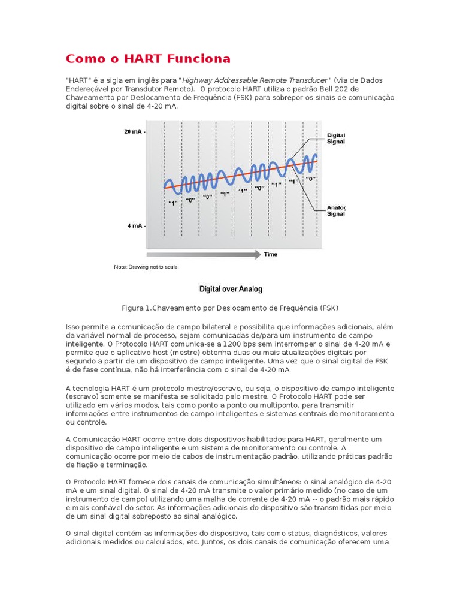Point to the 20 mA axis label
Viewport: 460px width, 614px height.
point(134,131)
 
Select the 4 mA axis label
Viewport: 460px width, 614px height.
point(135,226)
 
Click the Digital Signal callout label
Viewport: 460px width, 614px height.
point(335,139)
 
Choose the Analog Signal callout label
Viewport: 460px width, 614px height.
point(335,211)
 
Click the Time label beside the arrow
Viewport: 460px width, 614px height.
point(271,255)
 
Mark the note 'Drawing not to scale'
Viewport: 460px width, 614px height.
point(146,267)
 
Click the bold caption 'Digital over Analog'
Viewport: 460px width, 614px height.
point(231,290)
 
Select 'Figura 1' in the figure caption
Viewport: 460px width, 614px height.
point(137,308)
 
